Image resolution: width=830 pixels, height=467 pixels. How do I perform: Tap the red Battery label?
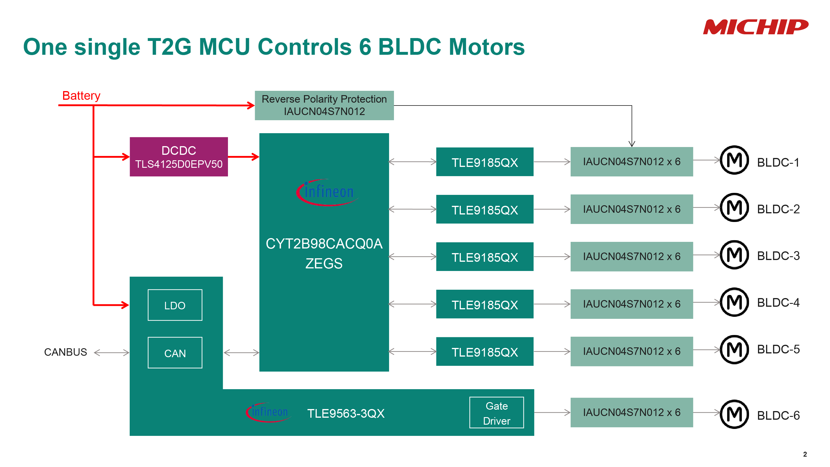(81, 96)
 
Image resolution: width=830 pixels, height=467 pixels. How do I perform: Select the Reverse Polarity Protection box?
(324, 106)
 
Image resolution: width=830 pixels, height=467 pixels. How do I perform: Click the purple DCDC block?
(178, 157)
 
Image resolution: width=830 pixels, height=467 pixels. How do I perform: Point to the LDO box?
(175, 305)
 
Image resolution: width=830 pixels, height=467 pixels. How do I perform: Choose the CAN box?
(175, 353)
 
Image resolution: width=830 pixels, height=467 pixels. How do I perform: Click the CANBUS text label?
(65, 352)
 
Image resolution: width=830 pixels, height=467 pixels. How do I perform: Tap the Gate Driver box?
(496, 413)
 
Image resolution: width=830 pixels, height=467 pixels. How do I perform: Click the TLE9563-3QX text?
(346, 413)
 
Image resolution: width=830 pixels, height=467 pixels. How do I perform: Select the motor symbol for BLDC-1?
(734, 160)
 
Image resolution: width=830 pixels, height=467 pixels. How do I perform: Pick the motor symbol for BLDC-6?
(734, 414)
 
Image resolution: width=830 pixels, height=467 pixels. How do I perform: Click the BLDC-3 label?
(778, 256)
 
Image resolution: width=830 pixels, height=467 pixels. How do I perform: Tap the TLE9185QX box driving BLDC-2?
(484, 210)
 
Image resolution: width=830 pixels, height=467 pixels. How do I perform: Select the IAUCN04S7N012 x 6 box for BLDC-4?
(631, 304)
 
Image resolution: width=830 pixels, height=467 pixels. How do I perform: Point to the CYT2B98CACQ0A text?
(324, 244)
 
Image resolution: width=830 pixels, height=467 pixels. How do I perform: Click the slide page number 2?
(805, 454)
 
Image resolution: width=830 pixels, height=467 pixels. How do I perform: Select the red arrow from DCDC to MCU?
(243, 157)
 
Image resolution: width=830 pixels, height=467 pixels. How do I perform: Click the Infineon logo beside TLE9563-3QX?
(268, 412)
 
